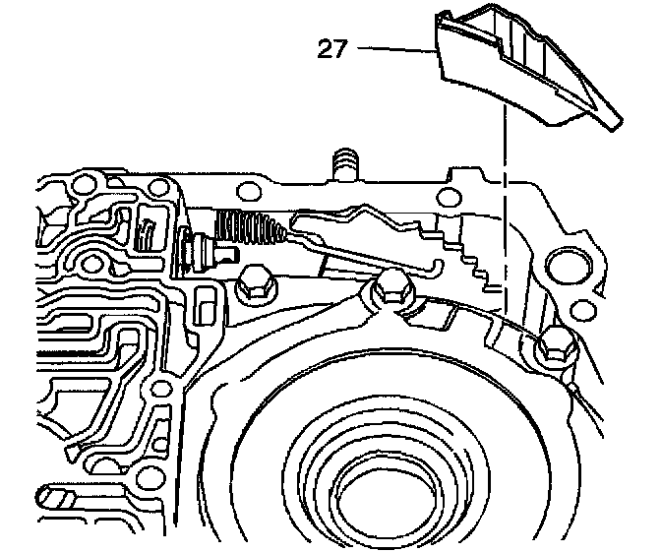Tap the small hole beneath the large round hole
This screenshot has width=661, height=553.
[575, 311]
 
